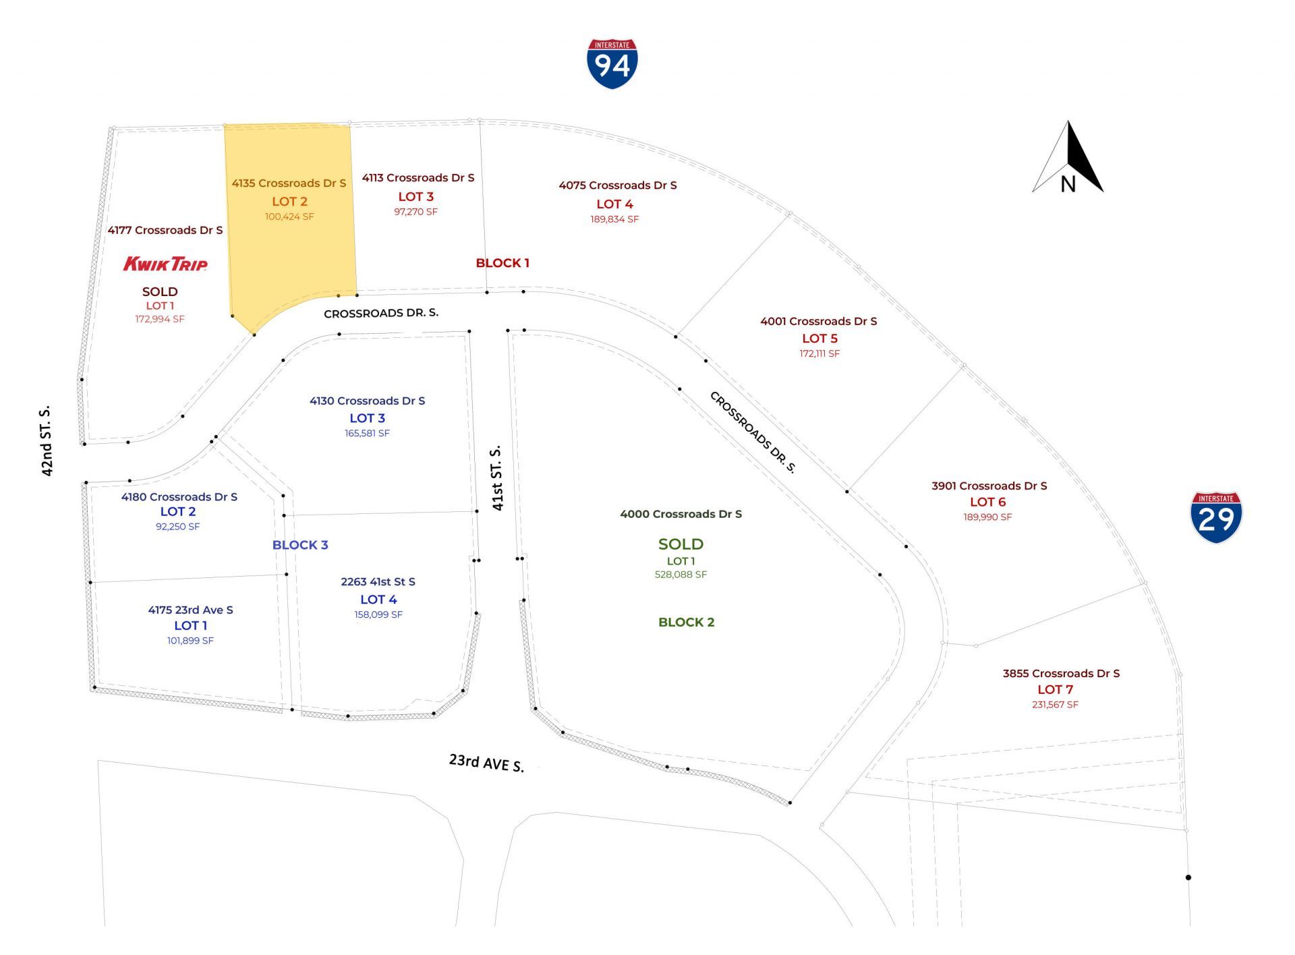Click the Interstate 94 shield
click(x=612, y=63)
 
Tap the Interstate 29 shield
click(x=1216, y=517)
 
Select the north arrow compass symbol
click(x=1068, y=158)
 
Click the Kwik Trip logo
click(x=165, y=263)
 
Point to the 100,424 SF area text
click(x=289, y=216)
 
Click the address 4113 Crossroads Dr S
click(x=418, y=178)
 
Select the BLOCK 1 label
click(x=502, y=263)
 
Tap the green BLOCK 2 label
click(x=686, y=622)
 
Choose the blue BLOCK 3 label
click(x=300, y=545)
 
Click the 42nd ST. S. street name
click(x=46, y=441)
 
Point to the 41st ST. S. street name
click(x=497, y=477)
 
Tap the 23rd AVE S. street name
click(x=486, y=762)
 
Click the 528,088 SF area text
click(x=681, y=575)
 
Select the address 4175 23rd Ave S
click(x=190, y=610)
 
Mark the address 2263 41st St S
click(x=378, y=581)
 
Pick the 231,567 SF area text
click(x=1055, y=705)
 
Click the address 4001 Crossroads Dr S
click(x=819, y=321)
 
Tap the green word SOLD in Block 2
click(x=681, y=544)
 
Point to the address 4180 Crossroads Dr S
click(x=179, y=497)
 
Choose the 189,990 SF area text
click(x=987, y=517)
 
